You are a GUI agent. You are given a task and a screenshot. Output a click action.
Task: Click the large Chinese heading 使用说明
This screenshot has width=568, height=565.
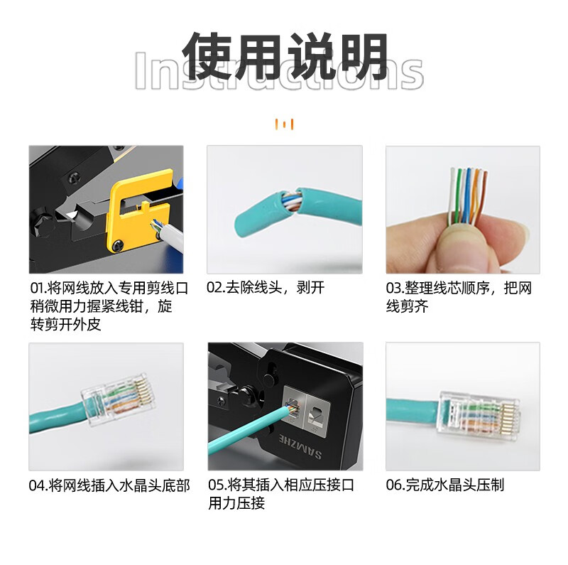click(x=285, y=56)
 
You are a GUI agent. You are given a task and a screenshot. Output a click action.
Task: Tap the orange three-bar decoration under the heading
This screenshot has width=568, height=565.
click(x=285, y=124)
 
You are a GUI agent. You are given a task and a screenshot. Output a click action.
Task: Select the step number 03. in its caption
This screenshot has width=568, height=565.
click(x=395, y=288)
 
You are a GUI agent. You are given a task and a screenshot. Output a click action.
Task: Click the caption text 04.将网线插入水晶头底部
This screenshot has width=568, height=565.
click(x=109, y=485)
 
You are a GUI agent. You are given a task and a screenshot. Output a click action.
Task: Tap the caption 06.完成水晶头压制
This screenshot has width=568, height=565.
click(x=445, y=485)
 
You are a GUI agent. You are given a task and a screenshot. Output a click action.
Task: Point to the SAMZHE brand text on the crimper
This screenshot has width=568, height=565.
click(x=300, y=445)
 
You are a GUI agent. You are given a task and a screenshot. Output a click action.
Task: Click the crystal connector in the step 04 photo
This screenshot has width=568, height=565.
click(x=119, y=399)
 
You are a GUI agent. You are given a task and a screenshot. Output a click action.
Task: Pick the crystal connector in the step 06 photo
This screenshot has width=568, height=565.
click(x=479, y=414)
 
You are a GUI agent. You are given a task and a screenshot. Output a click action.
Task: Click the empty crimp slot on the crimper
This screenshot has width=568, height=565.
click(x=317, y=413)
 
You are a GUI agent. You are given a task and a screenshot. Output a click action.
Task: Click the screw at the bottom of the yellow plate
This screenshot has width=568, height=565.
click(x=118, y=246)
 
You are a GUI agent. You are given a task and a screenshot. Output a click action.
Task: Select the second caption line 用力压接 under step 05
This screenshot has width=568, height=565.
click(x=236, y=502)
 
